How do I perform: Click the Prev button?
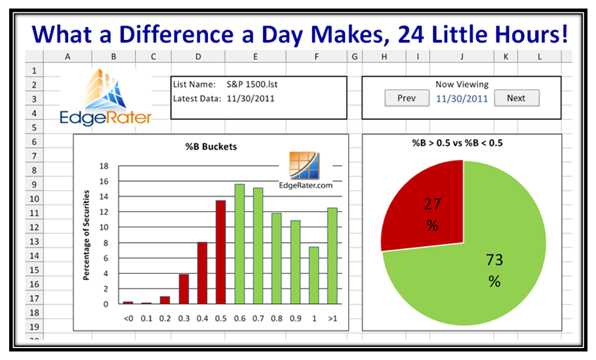click(x=407, y=98)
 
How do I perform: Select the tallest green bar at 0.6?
click(x=239, y=244)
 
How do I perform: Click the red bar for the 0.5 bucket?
click(x=221, y=252)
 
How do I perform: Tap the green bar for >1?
click(x=332, y=256)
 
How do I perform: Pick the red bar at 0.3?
click(x=184, y=289)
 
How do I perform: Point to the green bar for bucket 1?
click(x=314, y=275)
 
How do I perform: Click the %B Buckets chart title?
click(x=211, y=147)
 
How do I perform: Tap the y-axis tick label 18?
click(x=104, y=166)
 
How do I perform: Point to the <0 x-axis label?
click(x=129, y=319)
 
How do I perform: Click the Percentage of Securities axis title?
click(x=87, y=235)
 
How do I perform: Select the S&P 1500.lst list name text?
click(x=252, y=85)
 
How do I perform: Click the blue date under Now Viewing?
click(x=462, y=99)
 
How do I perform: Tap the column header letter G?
click(x=355, y=56)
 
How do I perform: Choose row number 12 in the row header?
click(x=34, y=228)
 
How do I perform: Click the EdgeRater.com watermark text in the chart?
click(x=306, y=186)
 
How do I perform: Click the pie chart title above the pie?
click(x=457, y=143)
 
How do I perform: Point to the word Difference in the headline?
click(x=176, y=34)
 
